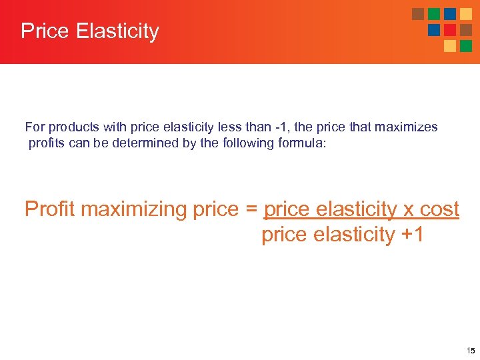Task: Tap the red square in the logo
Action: pos(450,29)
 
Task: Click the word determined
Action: pos(147,143)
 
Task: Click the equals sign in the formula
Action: pos(251,209)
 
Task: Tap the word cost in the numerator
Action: pos(439,209)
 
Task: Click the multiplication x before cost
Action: pos(408,209)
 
